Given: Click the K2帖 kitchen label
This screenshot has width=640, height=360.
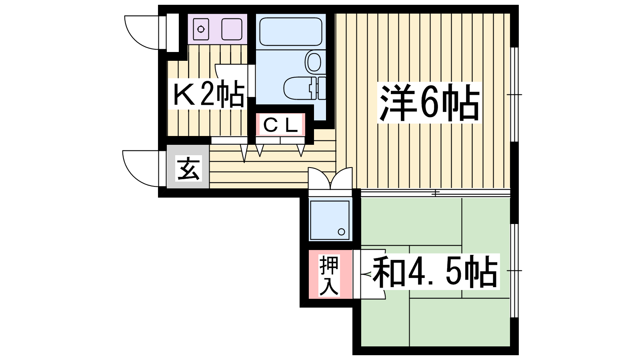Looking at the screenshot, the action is pyautogui.click(x=208, y=94).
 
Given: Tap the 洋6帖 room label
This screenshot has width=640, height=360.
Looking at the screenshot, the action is pyautogui.click(x=430, y=102).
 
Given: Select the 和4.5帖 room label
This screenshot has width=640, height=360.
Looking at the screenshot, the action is pyautogui.click(x=435, y=272).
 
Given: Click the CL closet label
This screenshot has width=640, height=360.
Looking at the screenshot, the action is pyautogui.click(x=280, y=125).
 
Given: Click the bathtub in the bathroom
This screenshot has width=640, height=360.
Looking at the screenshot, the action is pyautogui.click(x=290, y=32).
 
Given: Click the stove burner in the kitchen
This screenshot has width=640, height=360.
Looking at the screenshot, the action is pyautogui.click(x=201, y=29).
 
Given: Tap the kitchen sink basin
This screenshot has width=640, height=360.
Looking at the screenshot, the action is pyautogui.click(x=232, y=29).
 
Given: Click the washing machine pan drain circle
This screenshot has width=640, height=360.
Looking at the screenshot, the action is pyautogui.click(x=341, y=232).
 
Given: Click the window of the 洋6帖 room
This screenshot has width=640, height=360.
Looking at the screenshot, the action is pyautogui.click(x=514, y=94).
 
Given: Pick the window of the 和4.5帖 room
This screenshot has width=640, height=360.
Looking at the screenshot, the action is pyautogui.click(x=514, y=270).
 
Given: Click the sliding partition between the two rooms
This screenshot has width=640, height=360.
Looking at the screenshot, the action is pyautogui.click(x=436, y=193).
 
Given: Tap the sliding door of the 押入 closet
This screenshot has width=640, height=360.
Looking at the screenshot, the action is pyautogui.click(x=356, y=274).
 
